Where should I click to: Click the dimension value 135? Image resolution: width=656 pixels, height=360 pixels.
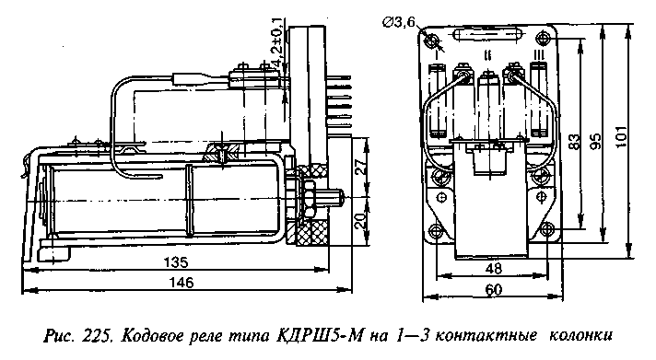tap(176, 262)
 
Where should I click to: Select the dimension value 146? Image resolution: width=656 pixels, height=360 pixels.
tap(182, 283)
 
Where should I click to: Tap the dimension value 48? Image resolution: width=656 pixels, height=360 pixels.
tap(493, 269)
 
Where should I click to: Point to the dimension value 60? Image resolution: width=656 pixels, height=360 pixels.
tap(493, 289)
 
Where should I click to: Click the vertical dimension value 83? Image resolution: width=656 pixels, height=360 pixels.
tap(574, 142)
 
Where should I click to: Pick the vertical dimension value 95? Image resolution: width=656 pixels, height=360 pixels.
tap(595, 141)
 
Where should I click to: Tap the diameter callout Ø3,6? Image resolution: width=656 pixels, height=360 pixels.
tap(398, 23)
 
